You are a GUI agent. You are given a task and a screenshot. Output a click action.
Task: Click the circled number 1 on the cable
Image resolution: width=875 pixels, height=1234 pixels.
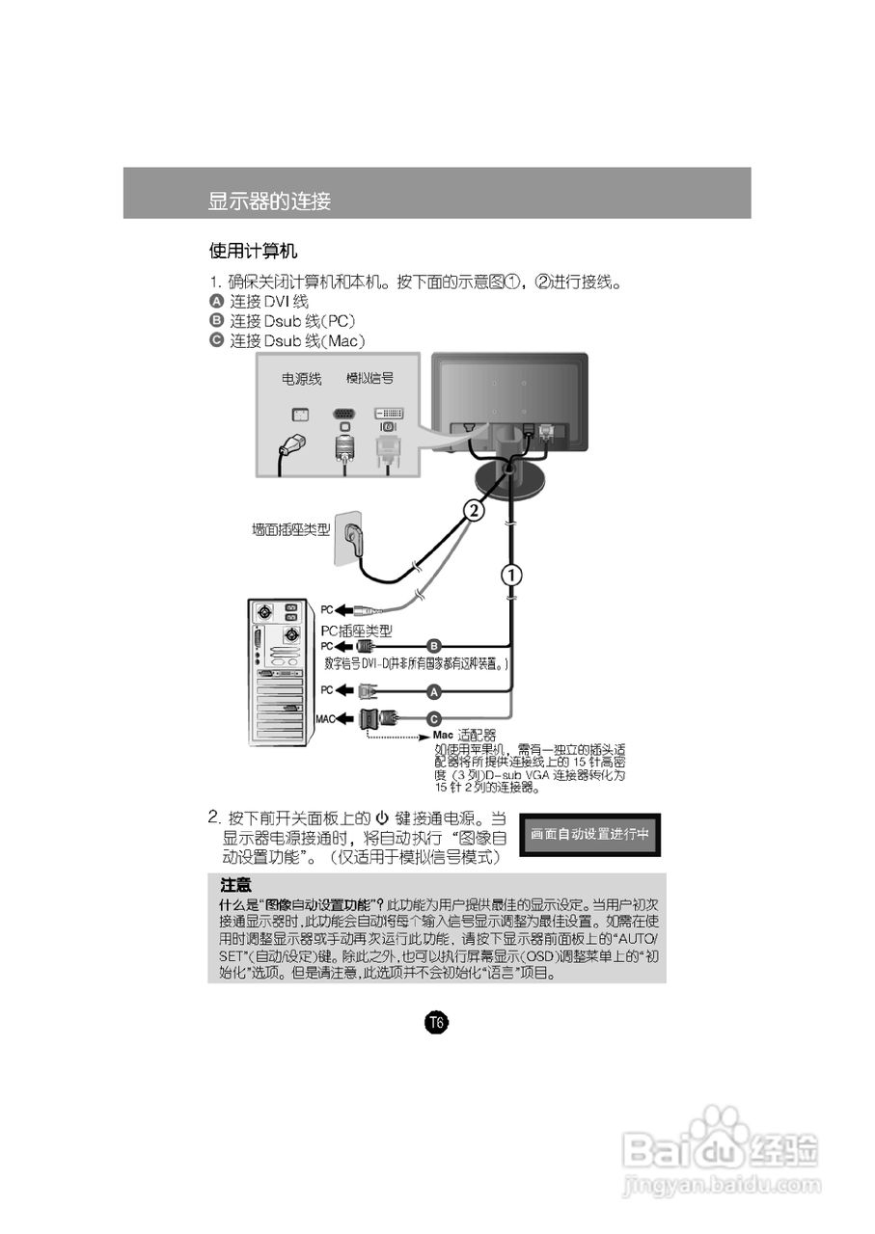tap(510, 576)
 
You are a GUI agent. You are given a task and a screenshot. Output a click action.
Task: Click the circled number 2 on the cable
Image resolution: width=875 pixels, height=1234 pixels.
tap(473, 510)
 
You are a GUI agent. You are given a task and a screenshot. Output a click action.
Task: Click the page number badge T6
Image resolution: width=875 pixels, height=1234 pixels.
tap(436, 1022)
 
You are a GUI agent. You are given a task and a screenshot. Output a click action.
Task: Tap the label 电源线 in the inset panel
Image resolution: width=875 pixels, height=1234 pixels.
tap(301, 380)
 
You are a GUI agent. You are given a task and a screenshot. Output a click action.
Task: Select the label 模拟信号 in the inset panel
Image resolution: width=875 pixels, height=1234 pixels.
tap(369, 379)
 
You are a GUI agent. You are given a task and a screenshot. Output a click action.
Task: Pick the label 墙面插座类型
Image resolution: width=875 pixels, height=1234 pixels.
tap(290, 529)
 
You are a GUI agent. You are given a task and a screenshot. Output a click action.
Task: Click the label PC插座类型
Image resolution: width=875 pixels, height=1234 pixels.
tap(357, 630)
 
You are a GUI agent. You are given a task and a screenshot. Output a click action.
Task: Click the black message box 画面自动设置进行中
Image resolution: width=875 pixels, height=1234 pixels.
tap(590, 835)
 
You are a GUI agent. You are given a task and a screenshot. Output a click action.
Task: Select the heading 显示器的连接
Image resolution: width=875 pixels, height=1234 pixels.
tap(269, 201)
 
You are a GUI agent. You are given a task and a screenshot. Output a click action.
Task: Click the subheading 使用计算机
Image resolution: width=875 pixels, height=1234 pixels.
tap(253, 252)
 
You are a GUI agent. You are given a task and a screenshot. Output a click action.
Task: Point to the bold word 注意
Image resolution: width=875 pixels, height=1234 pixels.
tap(236, 885)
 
